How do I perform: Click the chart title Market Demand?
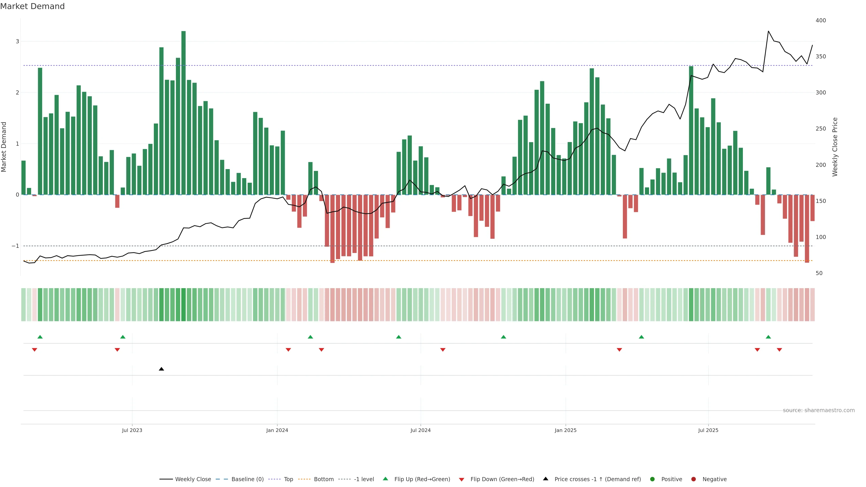[32, 6]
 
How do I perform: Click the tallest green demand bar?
[183, 113]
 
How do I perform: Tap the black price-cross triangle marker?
[161, 369]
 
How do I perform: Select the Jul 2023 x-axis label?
[132, 430]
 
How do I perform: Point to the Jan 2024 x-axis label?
[277, 430]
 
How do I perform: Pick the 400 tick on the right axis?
[821, 21]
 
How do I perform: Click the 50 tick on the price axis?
[819, 273]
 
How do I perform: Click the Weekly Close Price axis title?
[835, 147]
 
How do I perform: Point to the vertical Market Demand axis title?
[4, 147]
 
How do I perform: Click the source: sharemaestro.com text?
[819, 410]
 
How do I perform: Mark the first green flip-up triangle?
[40, 337]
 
